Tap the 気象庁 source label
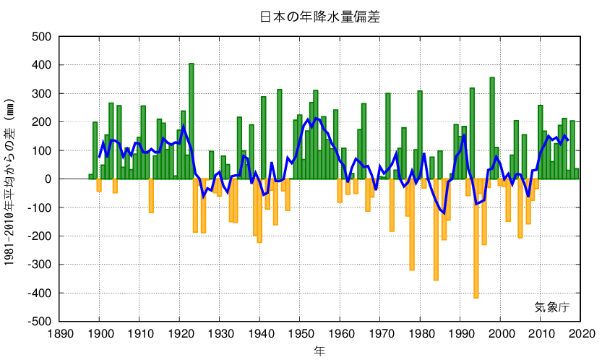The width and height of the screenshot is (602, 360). coord(551,307)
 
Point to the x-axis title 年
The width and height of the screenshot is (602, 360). coord(319,351)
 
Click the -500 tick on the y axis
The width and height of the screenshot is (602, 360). coord(40,321)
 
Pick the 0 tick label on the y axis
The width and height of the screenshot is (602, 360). coord(48,179)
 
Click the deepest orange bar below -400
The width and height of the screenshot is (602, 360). coord(476,239)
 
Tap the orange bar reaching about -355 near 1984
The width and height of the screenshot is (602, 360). coord(436,229)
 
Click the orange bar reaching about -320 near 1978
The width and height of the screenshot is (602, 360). coord(412,224)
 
